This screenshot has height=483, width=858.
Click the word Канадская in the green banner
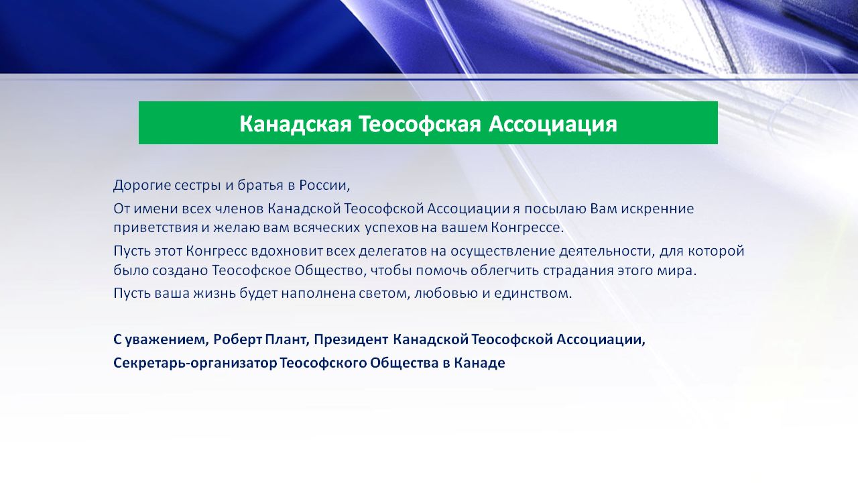click(x=296, y=124)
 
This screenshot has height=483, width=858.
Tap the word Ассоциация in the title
click(x=553, y=125)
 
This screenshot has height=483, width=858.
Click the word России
click(x=324, y=186)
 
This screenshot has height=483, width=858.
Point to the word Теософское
click(x=251, y=270)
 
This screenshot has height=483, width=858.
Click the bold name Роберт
click(x=237, y=339)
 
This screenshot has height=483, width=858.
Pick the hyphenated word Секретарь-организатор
click(x=195, y=363)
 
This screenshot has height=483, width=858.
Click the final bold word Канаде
click(x=479, y=363)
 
